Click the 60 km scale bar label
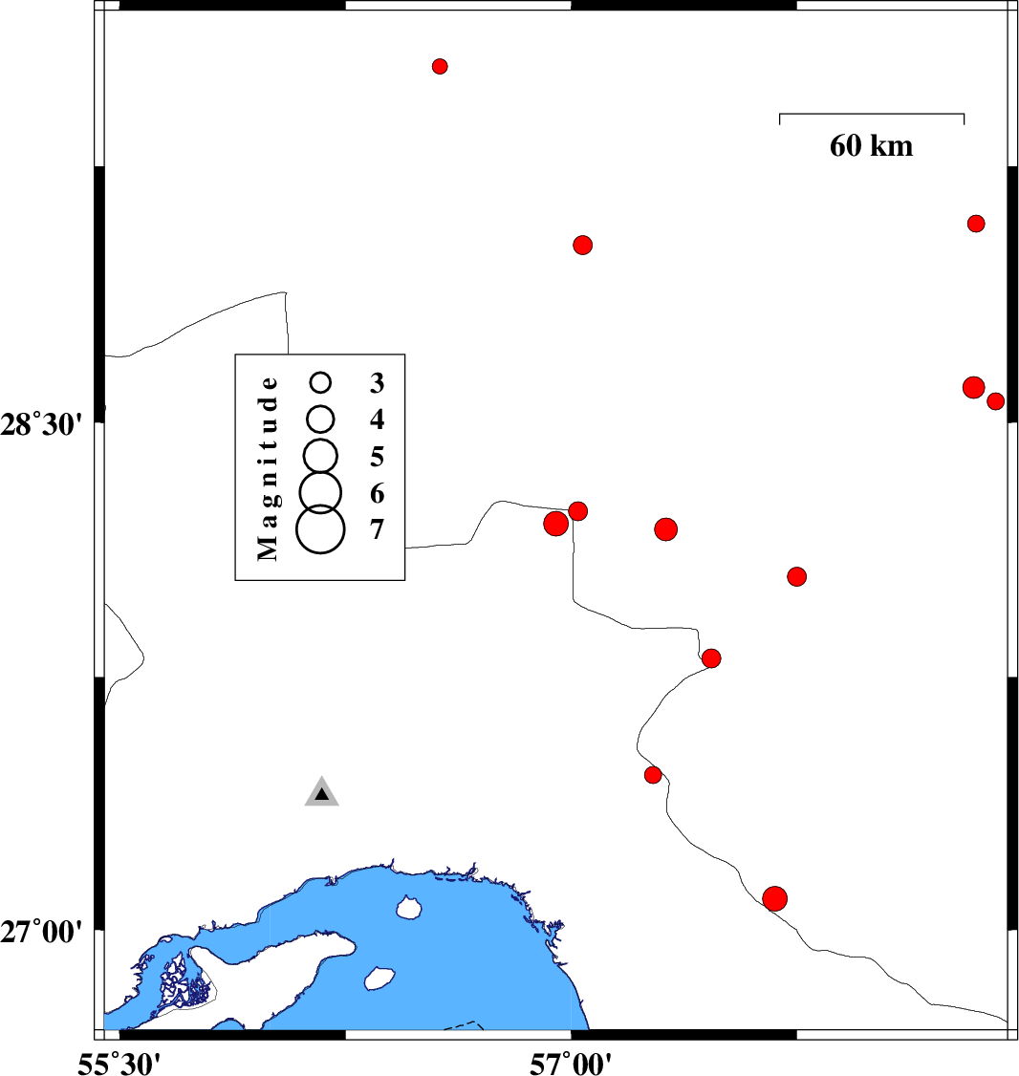pyautogui.click(x=871, y=146)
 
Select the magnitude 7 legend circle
pyautogui.click(x=320, y=529)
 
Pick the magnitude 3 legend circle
pyautogui.click(x=321, y=382)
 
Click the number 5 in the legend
pyautogui.click(x=377, y=455)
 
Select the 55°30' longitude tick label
pyautogui.click(x=119, y=1062)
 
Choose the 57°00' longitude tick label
pyautogui.click(x=572, y=1062)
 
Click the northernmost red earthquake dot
pyautogui.click(x=440, y=66)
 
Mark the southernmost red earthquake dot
pyautogui.click(x=775, y=898)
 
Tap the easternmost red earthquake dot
pyautogui.click(x=995, y=401)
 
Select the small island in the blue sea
pyautogui.click(x=410, y=906)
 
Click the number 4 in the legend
pyautogui.click(x=377, y=419)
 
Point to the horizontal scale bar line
pyautogui.click(x=871, y=115)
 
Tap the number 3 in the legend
pyautogui.click(x=377, y=383)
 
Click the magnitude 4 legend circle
pyautogui.click(x=321, y=419)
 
